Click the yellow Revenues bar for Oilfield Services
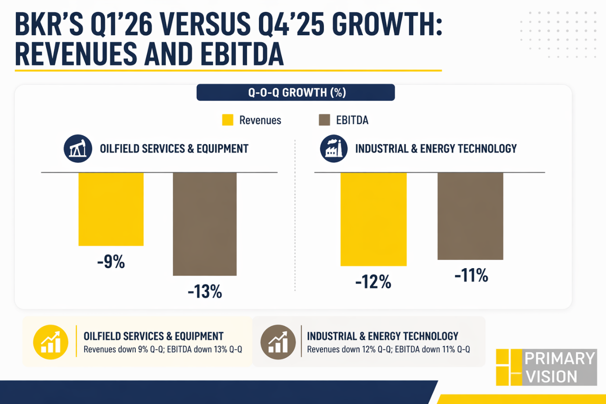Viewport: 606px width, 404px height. pyautogui.click(x=111, y=209)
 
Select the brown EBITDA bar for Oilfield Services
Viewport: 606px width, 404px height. pyautogui.click(x=205, y=224)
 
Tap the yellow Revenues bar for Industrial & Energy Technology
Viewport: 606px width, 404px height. pyautogui.click(x=374, y=219)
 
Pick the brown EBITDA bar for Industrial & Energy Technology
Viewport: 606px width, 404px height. pyautogui.click(x=470, y=216)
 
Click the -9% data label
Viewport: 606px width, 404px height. pyautogui.click(x=111, y=262)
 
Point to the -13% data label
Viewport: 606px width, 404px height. pyautogui.click(x=205, y=291)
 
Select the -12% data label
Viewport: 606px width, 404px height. pyautogui.click(x=373, y=282)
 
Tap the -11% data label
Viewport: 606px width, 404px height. pyautogui.click(x=471, y=276)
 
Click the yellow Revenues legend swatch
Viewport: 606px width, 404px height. pyautogui.click(x=228, y=120)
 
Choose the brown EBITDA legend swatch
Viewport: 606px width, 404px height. pyautogui.click(x=324, y=120)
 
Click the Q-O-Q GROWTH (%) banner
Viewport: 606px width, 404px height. pyautogui.click(x=296, y=92)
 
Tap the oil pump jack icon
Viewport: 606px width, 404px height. pyautogui.click(x=78, y=149)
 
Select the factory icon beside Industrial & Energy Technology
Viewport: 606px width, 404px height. pyautogui.click(x=334, y=149)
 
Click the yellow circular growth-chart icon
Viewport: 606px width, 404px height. pyautogui.click(x=51, y=342)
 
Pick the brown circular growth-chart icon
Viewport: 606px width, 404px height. pyautogui.click(x=278, y=342)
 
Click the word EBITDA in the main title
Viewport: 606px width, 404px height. pyautogui.click(x=242, y=54)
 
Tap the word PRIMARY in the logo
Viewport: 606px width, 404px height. pyautogui.click(x=559, y=359)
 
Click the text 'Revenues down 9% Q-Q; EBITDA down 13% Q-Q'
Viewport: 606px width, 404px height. pyautogui.click(x=163, y=349)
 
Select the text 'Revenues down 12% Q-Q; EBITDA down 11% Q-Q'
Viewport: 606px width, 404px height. pyautogui.click(x=388, y=349)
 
